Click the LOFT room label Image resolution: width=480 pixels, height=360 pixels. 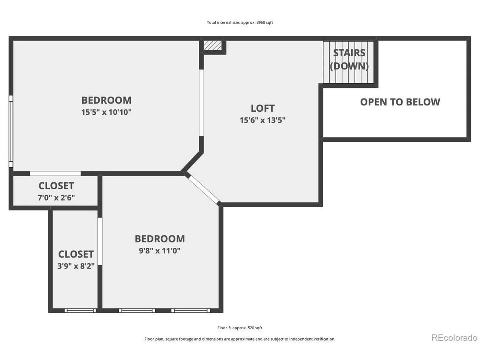pos(263,108)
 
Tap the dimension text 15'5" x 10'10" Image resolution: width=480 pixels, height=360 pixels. pos(106,112)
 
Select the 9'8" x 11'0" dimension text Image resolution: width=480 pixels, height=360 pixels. pos(159,251)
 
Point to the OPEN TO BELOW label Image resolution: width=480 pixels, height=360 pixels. pos(400,102)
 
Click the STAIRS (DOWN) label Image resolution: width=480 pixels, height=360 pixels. pos(349,59)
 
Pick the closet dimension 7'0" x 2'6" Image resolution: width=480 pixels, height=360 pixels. pos(56,198)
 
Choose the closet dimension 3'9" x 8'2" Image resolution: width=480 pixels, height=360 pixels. pos(76,266)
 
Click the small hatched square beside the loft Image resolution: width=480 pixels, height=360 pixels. pos(212,45)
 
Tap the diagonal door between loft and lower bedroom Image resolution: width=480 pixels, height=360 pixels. pos(203,188)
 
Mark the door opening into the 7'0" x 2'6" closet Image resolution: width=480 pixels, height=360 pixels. pos(55,174)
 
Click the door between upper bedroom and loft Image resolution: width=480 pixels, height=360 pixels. pos(201,103)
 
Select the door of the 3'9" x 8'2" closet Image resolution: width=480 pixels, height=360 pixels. pos(100,242)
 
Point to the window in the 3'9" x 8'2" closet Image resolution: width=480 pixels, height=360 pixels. pos(80,311)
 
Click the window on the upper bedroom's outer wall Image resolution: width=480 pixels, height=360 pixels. pos(11,131)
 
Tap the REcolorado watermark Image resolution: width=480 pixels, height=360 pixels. pos(454,337)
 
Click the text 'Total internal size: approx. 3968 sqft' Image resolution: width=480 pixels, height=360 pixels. pos(240,23)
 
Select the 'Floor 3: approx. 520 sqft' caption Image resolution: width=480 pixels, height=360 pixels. pos(240,328)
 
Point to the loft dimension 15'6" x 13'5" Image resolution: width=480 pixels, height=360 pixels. pos(263,120)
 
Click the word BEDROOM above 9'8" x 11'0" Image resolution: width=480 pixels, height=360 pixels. pos(159,239)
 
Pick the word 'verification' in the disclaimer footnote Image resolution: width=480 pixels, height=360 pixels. pos(324,339)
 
